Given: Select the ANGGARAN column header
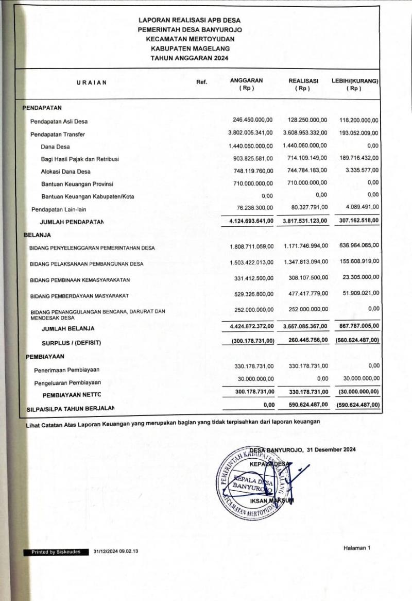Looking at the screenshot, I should point(246,80).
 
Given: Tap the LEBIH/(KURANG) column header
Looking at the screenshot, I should point(355,81).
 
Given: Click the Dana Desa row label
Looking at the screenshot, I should point(55,147).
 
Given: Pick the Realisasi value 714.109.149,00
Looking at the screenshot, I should point(305,158).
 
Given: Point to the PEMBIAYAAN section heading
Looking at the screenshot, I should point(45,356).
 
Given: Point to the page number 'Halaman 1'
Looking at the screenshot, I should point(356,548).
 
